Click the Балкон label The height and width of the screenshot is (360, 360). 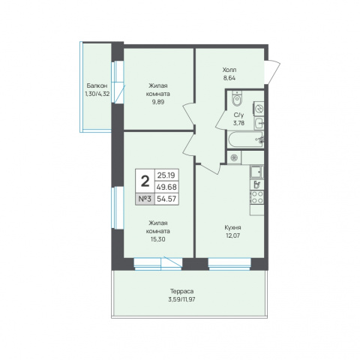pyautogui.click(x=97, y=86)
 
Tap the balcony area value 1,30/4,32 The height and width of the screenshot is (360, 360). pyautogui.click(x=97, y=94)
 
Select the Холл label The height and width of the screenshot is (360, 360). pyautogui.click(x=229, y=70)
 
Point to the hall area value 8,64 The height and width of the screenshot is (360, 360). pyautogui.click(x=229, y=78)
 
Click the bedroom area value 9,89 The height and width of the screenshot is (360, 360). pyautogui.click(x=158, y=102)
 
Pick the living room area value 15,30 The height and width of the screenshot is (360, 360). pyautogui.click(x=158, y=239)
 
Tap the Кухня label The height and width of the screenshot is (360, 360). pyautogui.click(x=232, y=228)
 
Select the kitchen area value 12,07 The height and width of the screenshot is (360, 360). pyautogui.click(x=232, y=235)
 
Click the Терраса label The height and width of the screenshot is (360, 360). pyautogui.click(x=181, y=292)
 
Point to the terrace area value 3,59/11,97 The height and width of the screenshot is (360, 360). pyautogui.click(x=181, y=299)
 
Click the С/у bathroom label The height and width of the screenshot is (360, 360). pyautogui.click(x=238, y=115)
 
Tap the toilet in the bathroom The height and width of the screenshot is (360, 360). pyautogui.click(x=236, y=99)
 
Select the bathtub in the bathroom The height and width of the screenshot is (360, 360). pyautogui.click(x=245, y=139)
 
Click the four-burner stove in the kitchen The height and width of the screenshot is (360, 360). pyautogui.click(x=256, y=197)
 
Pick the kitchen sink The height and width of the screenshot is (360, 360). pyautogui.click(x=256, y=172)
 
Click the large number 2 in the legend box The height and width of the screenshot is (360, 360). pyautogui.click(x=145, y=181)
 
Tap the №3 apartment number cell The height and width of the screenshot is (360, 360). pyautogui.click(x=145, y=199)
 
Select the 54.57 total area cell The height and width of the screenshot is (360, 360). pyautogui.click(x=166, y=199)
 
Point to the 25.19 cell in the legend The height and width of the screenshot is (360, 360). pyautogui.click(x=166, y=175)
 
